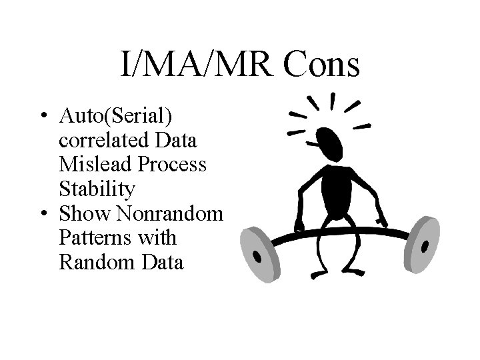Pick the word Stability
point(97,189)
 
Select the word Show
point(81,213)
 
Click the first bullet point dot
point(43,117)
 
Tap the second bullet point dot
point(43,214)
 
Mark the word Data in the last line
point(161,262)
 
